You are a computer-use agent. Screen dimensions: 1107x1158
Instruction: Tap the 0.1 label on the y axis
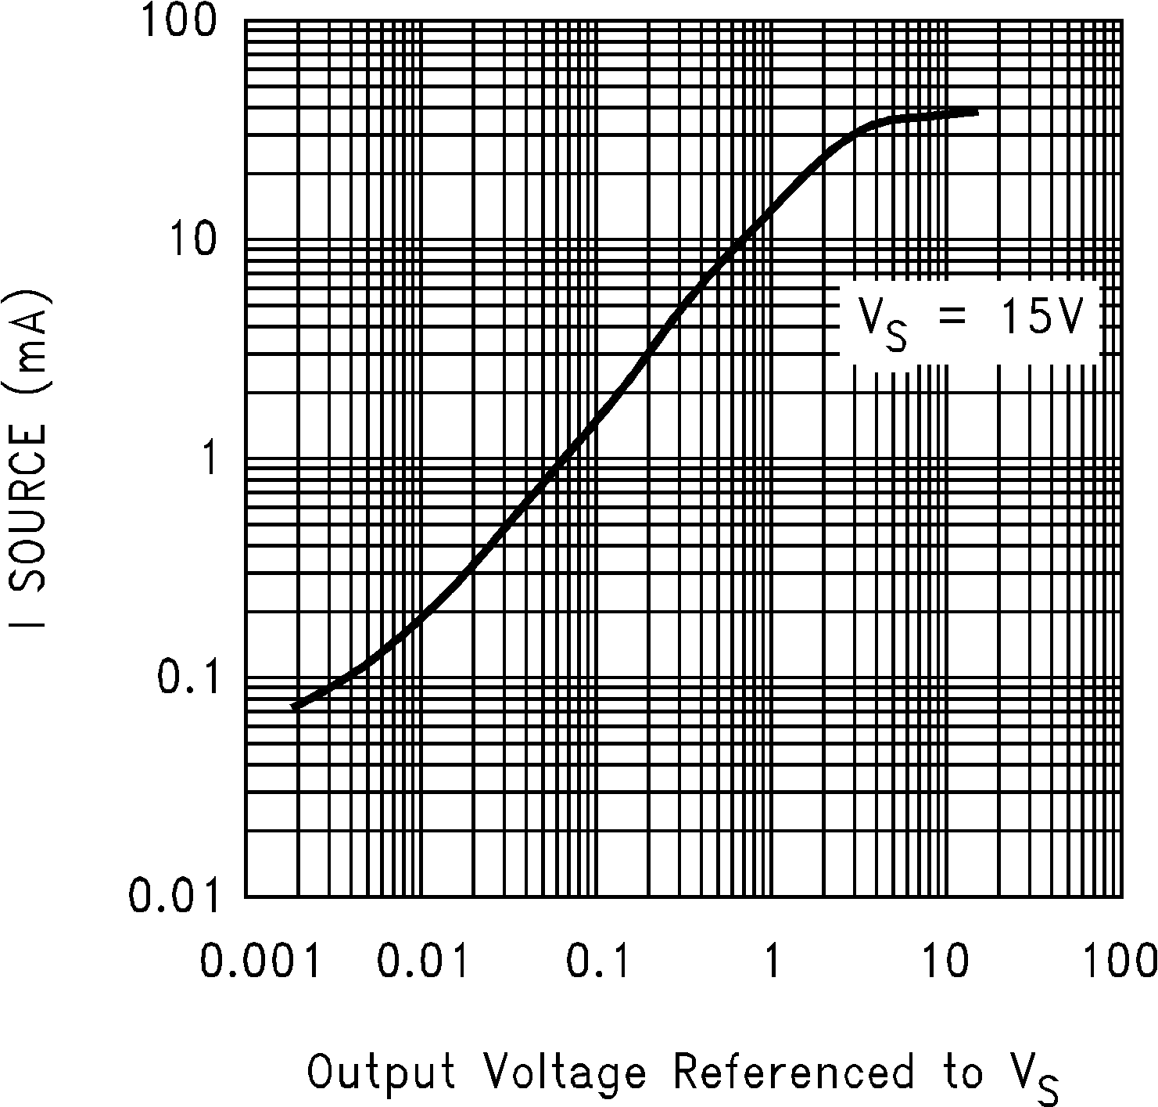[x=185, y=677]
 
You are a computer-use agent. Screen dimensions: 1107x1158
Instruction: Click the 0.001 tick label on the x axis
[x=260, y=960]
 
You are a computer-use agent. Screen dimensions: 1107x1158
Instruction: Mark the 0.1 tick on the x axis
[x=598, y=960]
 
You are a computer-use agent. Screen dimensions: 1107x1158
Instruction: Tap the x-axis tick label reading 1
[x=772, y=960]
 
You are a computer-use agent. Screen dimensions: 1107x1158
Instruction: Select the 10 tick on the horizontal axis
[x=947, y=960]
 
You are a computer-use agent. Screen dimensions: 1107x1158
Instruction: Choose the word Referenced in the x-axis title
[x=793, y=1072]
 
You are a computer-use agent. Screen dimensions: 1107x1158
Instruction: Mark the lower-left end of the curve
[x=294, y=706]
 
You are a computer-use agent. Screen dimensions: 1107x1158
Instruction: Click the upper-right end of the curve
[x=977, y=113]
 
